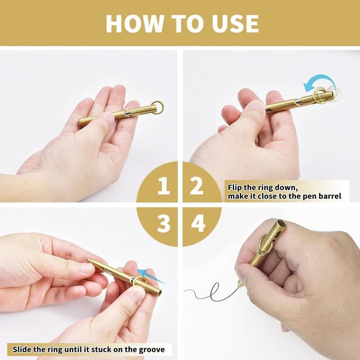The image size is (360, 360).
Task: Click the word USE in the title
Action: [233, 23]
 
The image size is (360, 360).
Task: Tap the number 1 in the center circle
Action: [163, 186]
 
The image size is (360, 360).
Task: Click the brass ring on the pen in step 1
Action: [157, 108]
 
